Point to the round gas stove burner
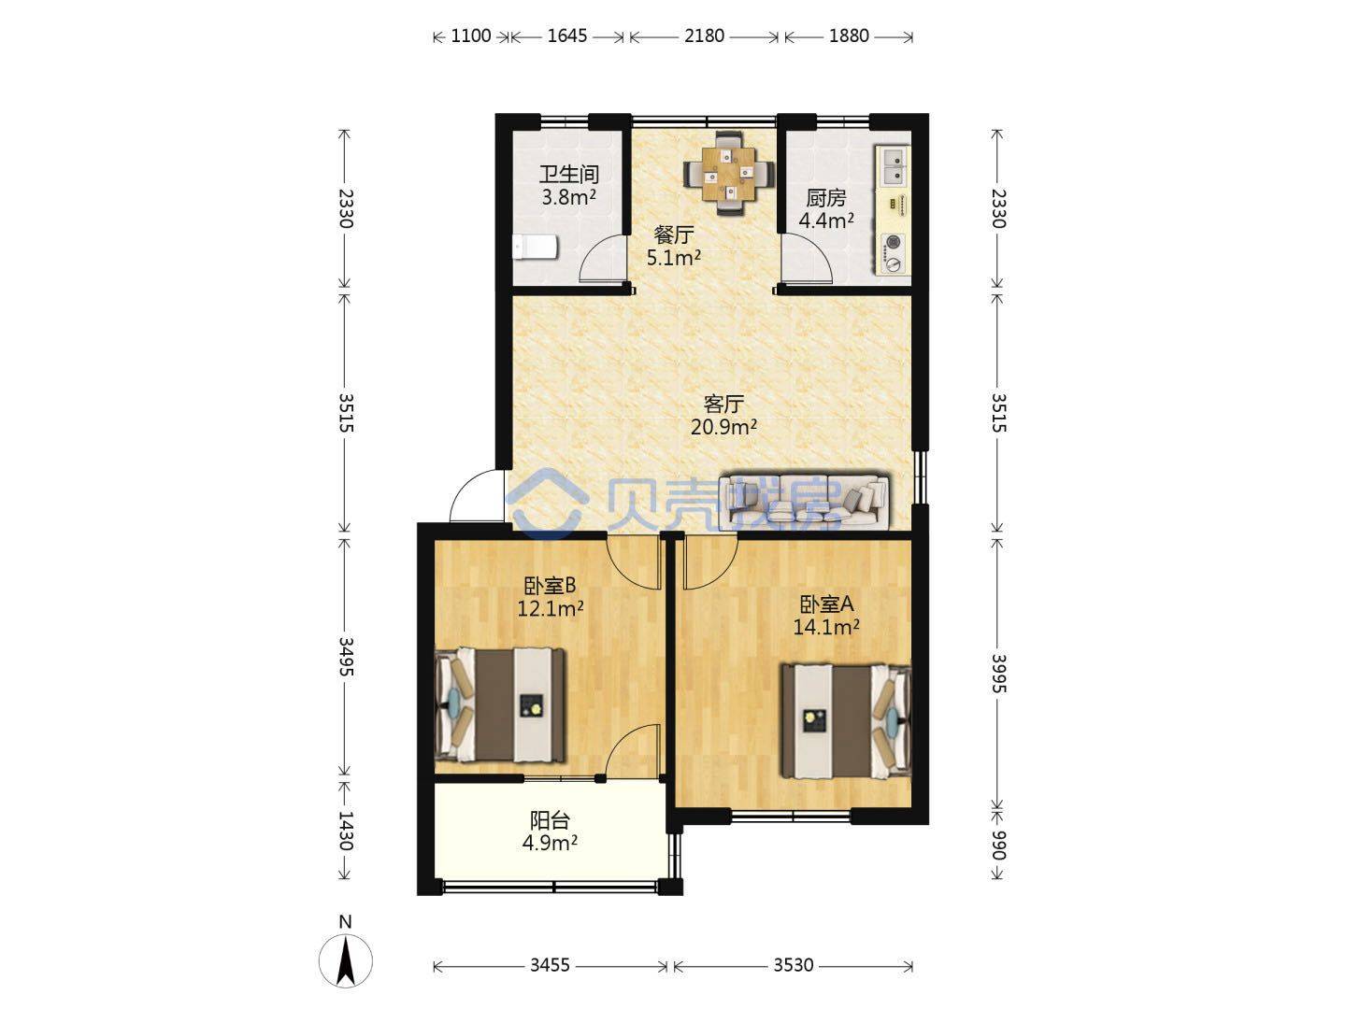tap(893, 242)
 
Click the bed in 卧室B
tap(500, 705)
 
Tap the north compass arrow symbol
tap(346, 960)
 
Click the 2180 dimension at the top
tap(704, 36)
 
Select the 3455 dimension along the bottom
tap(550, 965)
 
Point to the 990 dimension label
tap(997, 846)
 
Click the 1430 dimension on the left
tap(345, 831)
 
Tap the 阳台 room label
tap(550, 820)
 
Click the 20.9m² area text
tap(723, 427)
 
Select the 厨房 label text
tap(826, 198)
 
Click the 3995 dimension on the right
tap(997, 674)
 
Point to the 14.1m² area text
tap(826, 627)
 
